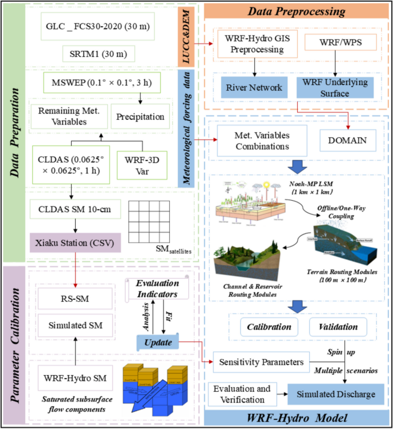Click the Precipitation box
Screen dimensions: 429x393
140,116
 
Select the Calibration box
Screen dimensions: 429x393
264,327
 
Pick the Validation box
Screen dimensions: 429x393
335,327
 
